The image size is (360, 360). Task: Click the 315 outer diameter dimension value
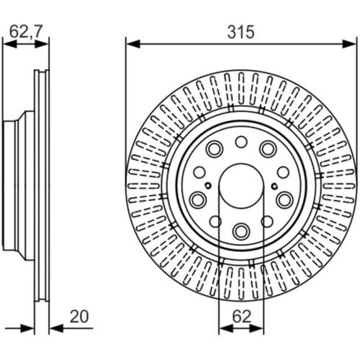coord(240,32)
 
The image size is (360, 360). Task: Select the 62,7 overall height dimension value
coord(26,32)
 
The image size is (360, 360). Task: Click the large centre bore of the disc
coord(241,186)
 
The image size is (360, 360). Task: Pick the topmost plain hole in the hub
coord(241,142)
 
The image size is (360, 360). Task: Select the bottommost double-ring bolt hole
coord(241,231)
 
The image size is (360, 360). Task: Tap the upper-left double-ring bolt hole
coord(215,149)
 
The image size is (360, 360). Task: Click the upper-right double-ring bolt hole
coord(268,149)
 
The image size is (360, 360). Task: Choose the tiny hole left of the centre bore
coord(208,185)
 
